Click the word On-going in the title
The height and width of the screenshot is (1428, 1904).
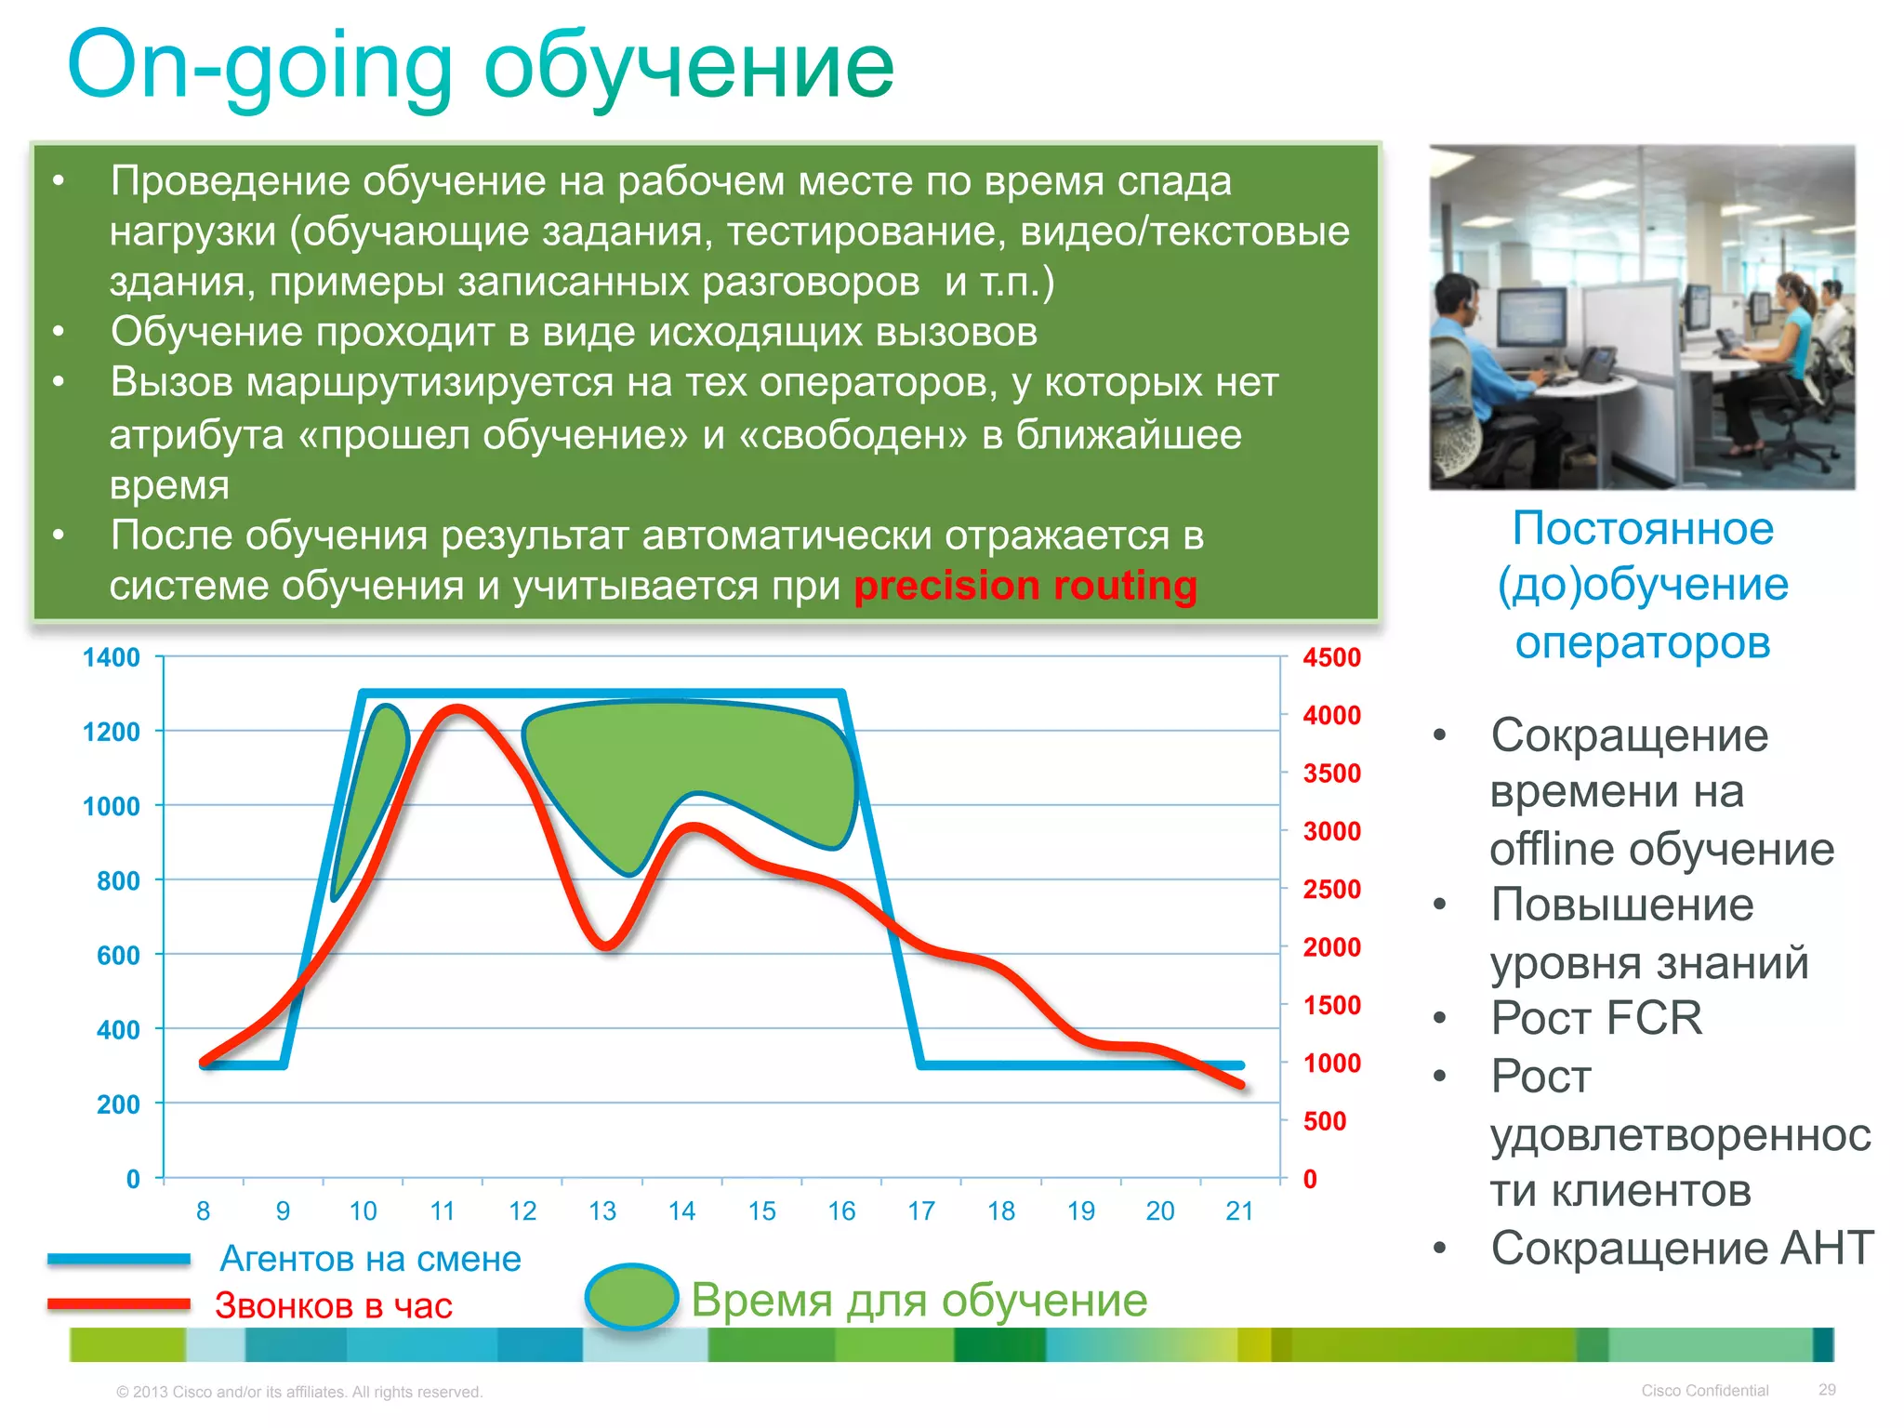260,67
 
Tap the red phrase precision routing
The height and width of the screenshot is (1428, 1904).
1025,586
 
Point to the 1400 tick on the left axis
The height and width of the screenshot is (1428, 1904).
111,657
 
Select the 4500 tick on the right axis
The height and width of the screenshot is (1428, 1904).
1331,657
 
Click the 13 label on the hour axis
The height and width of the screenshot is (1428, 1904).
602,1210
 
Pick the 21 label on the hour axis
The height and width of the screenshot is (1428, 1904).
1239,1210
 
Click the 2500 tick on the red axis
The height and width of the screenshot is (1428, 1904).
1331,889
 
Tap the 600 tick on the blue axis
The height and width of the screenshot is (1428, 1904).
118,955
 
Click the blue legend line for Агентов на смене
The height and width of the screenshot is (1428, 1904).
119,1259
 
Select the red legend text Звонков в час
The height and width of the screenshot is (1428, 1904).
333,1305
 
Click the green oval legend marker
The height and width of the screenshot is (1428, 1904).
631,1296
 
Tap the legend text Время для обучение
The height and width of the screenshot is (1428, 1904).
919,1299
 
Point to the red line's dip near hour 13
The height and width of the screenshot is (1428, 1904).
605,945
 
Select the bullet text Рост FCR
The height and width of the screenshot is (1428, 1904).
1595,1017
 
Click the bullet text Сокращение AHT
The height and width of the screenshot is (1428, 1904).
1681,1247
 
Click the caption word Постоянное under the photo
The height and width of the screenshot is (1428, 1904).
1642,527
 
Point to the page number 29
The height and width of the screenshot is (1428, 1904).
1826,1389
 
